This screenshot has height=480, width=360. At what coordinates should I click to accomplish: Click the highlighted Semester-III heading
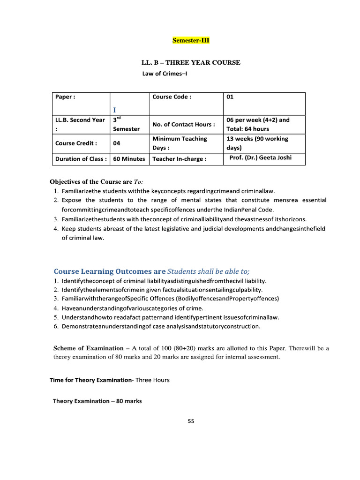coord(191,41)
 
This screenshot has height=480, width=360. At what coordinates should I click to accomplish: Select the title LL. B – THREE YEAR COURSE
coord(191,62)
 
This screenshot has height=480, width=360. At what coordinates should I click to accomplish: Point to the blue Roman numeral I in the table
coord(114,109)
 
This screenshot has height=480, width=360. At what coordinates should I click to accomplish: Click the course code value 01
coord(230,97)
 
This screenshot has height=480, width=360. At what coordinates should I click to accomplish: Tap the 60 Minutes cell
coord(129,159)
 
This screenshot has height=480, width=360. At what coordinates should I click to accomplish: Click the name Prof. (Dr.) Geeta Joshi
coord(260,157)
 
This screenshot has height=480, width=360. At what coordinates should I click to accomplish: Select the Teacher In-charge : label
coord(179,159)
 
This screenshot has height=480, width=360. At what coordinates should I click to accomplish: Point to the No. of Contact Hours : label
coord(184,125)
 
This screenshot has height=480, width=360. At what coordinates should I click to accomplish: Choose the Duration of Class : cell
coord(81,159)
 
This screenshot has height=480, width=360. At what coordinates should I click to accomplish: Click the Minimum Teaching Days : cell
coord(180,143)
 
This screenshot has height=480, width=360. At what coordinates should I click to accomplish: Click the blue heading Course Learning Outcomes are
coord(110,271)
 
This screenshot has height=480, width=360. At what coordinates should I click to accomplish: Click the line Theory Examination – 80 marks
coord(97,401)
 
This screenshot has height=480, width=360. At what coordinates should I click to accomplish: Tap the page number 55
coord(191,421)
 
